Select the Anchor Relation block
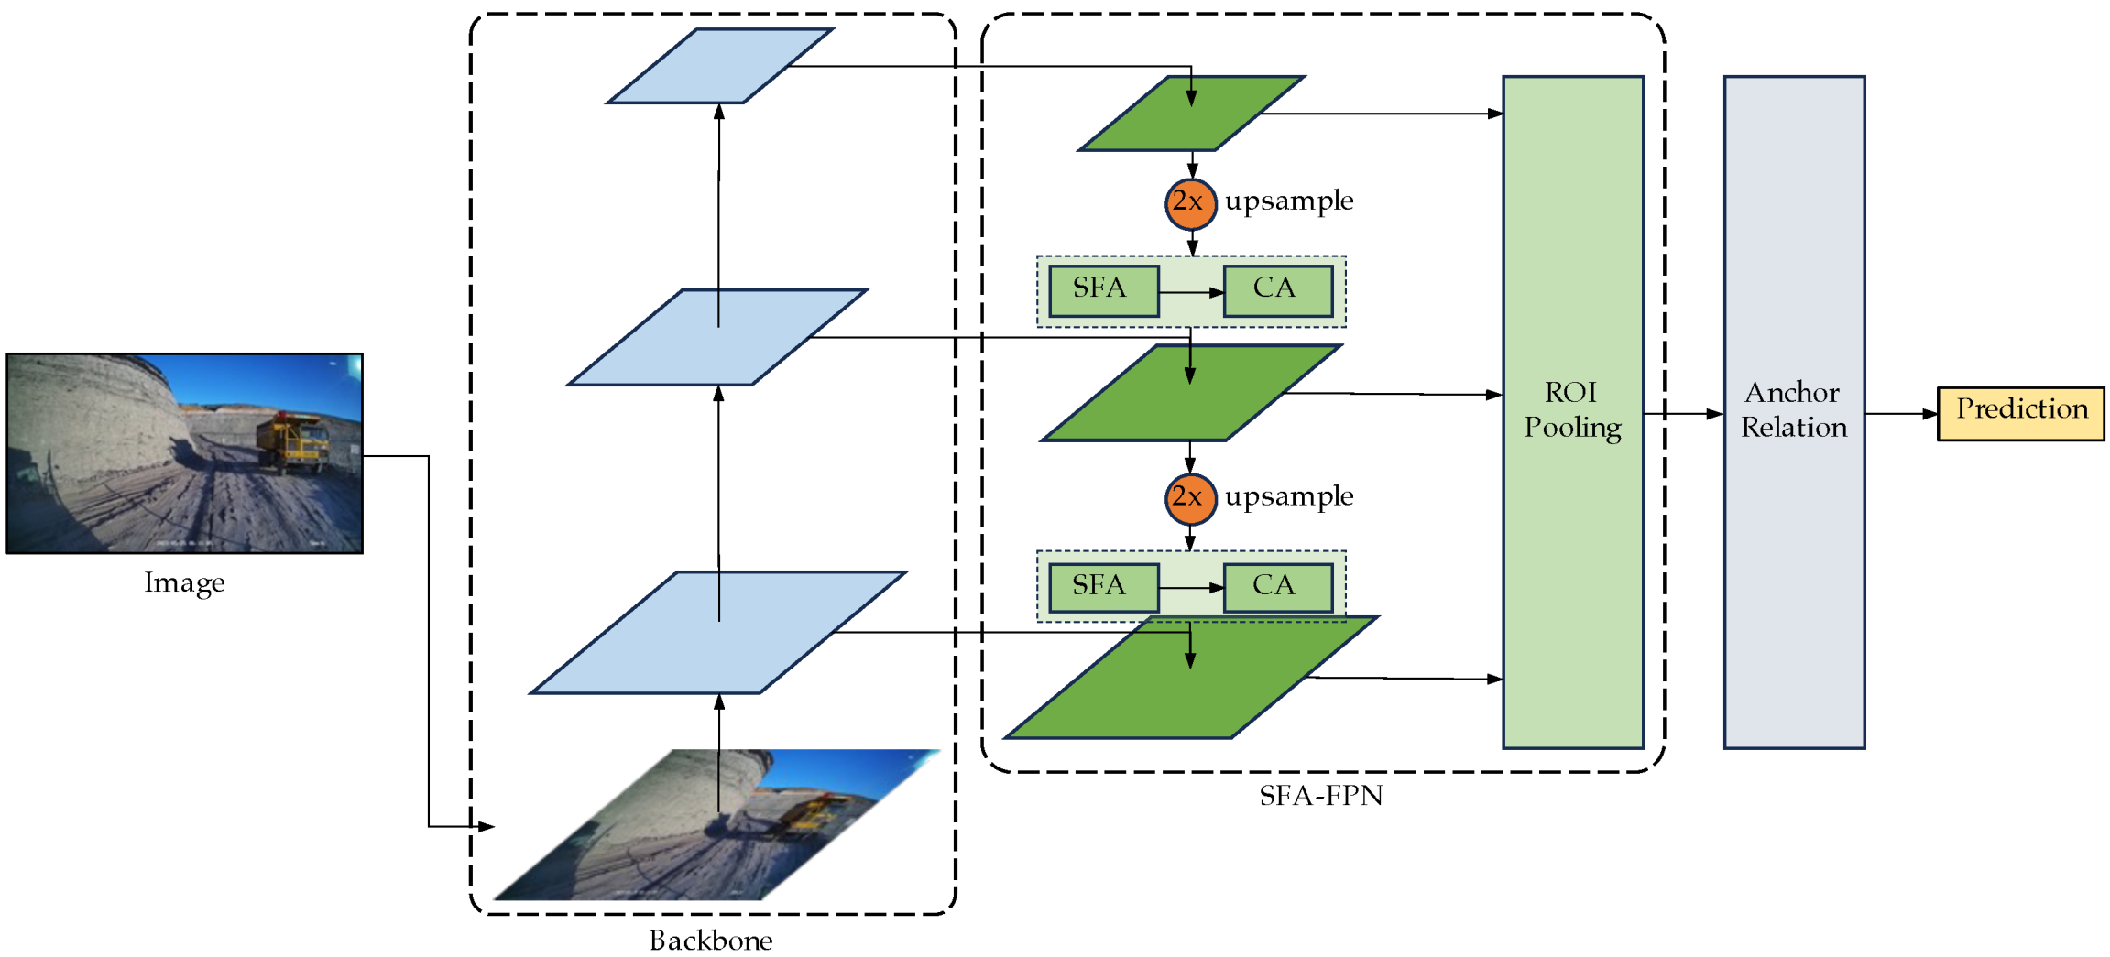tap(1793, 411)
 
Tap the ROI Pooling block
tap(1572, 411)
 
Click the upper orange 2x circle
tap(1190, 203)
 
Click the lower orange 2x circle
tap(1190, 498)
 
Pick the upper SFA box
tap(1102, 290)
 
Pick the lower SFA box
tap(1102, 586)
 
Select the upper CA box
tap(1276, 290)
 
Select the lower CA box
tap(1276, 586)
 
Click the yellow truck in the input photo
tap(294, 440)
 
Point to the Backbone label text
tap(710, 940)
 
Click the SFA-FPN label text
tap(1320, 795)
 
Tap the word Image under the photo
tap(184, 582)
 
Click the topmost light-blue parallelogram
tap(720, 66)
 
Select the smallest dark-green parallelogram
tap(1191, 114)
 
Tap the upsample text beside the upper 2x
tap(1288, 201)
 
